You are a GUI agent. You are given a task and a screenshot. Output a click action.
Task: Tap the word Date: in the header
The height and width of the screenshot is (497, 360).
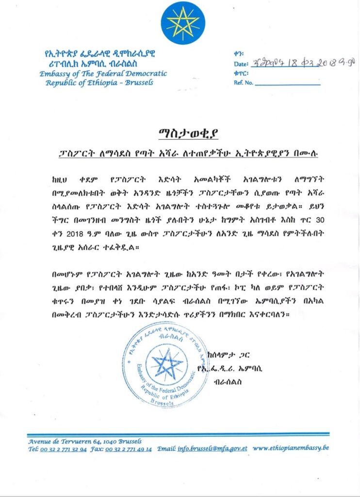pos(241,64)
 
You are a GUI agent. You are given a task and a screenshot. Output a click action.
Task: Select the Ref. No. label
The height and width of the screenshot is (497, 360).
pos(243,83)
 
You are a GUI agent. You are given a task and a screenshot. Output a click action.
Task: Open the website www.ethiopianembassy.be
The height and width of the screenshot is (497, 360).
pos(291,448)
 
